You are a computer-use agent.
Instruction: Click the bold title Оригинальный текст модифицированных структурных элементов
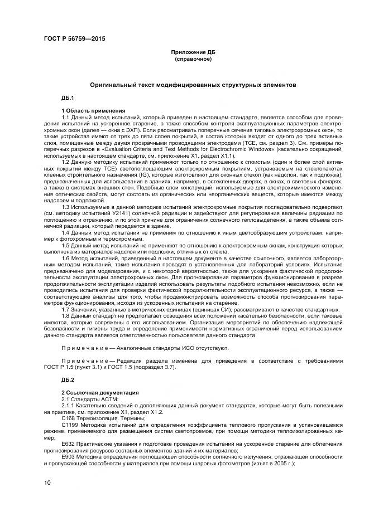click(193, 85)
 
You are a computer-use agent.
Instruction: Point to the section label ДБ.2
click(68, 379)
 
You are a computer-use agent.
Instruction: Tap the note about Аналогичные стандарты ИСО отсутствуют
click(145, 348)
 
